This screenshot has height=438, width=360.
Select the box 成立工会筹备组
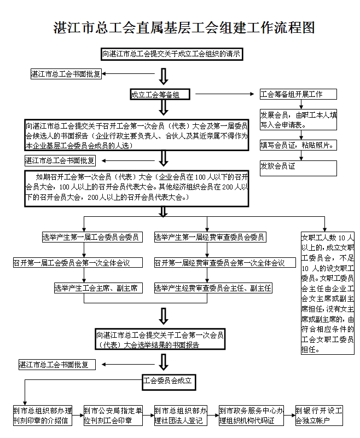point(160,95)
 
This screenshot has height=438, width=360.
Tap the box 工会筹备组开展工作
point(298,94)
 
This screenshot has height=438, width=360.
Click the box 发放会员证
point(298,168)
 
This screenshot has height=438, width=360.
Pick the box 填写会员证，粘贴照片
point(298,145)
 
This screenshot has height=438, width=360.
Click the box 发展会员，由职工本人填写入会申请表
point(298,120)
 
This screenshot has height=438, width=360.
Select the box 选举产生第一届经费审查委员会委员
point(210,237)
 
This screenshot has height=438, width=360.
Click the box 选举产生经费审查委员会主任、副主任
point(213,287)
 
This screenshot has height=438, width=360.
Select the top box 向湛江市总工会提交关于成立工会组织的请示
point(171,54)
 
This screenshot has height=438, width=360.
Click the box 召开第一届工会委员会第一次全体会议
point(72,263)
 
